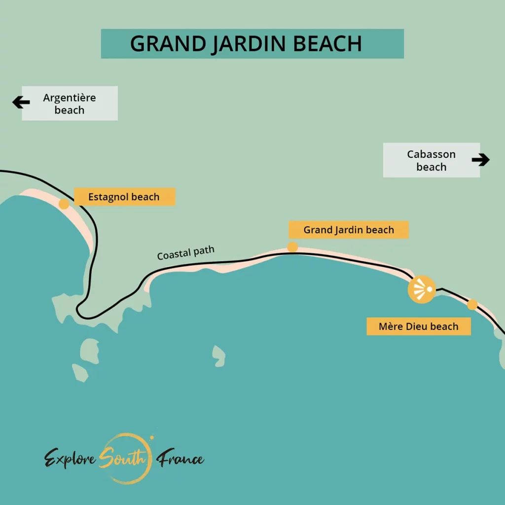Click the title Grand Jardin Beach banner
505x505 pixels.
[x=252, y=43]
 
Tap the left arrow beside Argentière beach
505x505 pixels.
[x=21, y=103]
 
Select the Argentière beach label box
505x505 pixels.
[x=70, y=104]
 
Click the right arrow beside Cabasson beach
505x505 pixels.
[x=480, y=159]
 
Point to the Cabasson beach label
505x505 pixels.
[x=431, y=160]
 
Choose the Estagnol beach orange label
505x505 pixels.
[x=124, y=197]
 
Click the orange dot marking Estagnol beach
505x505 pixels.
[x=64, y=204]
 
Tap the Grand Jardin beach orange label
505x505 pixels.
[x=349, y=230]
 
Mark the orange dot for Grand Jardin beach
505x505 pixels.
[x=292, y=247]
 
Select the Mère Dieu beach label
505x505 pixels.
[x=418, y=326]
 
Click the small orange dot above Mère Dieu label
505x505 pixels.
[x=472, y=304]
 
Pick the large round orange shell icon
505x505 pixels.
[x=422, y=289]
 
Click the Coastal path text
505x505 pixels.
[x=186, y=252]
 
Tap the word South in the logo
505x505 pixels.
[x=122, y=459]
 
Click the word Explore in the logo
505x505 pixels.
[x=71, y=459]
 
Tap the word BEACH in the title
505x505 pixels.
[x=327, y=43]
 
